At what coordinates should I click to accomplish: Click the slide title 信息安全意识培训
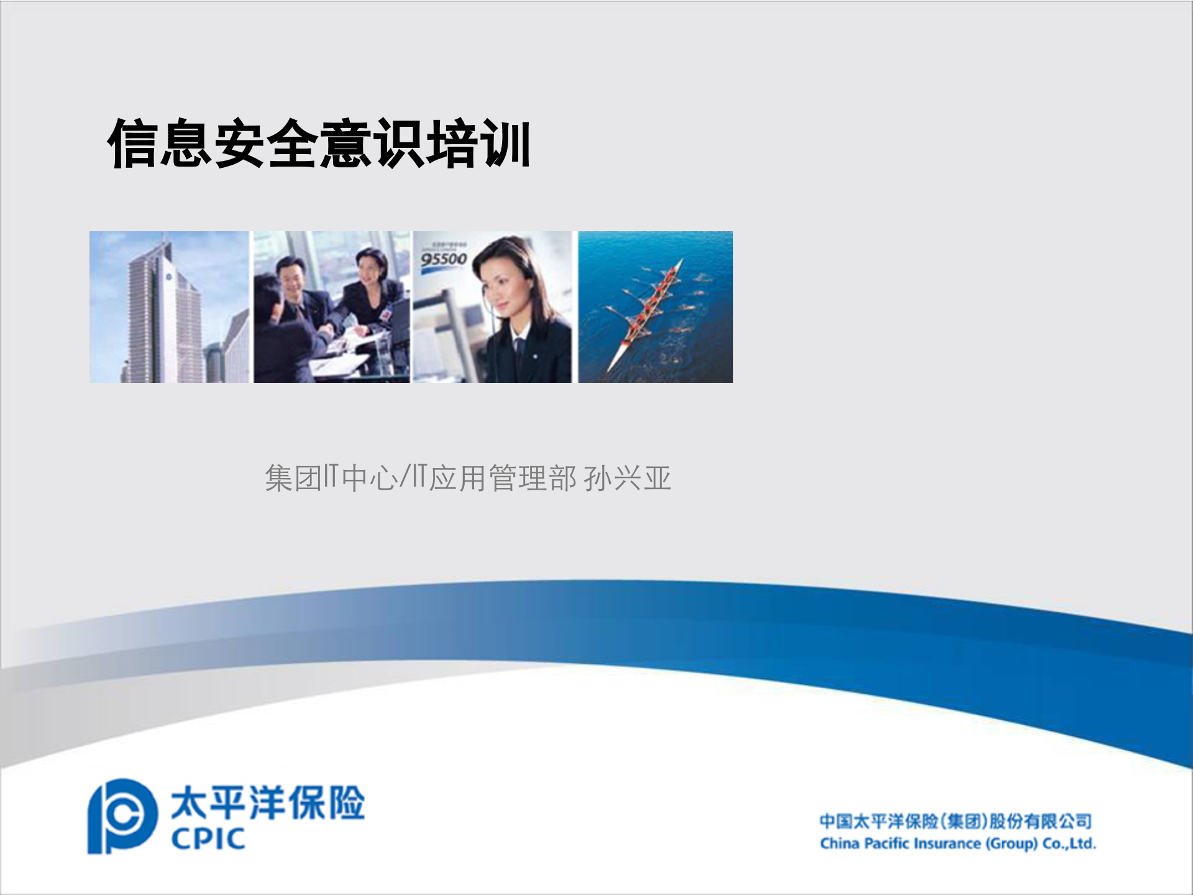click(319, 144)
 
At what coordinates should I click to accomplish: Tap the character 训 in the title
click(506, 144)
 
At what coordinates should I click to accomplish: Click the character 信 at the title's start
click(132, 144)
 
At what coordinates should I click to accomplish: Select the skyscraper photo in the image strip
click(169, 307)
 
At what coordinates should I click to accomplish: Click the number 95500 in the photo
click(443, 259)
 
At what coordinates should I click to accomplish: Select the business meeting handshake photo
click(332, 307)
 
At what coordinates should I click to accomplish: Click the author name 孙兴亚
click(628, 479)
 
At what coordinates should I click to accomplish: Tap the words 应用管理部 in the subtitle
click(503, 479)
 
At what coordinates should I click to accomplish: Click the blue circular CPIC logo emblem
click(121, 816)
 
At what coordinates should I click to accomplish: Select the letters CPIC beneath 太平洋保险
click(208, 839)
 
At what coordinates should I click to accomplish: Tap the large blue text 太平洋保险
click(268, 802)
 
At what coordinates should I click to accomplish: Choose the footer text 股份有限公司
click(1040, 821)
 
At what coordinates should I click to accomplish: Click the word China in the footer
click(839, 844)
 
